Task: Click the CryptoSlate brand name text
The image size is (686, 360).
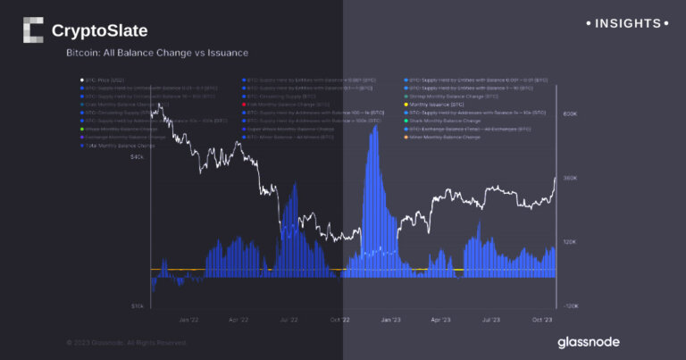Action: [x=100, y=32]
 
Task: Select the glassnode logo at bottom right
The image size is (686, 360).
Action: [x=588, y=341]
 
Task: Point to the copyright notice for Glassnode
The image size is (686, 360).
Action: [x=127, y=342]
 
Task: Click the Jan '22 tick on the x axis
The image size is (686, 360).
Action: [x=188, y=317]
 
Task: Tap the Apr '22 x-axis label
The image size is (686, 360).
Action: [x=238, y=317]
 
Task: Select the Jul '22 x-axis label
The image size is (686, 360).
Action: [x=289, y=317]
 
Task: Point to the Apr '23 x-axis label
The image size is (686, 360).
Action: [x=441, y=317]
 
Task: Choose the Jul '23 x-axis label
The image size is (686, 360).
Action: [x=491, y=317]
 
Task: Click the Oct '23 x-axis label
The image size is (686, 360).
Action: [x=541, y=317]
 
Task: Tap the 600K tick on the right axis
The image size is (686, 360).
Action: [x=570, y=114]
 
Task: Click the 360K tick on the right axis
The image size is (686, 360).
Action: [x=570, y=178]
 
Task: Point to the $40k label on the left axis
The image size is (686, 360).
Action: [x=137, y=156]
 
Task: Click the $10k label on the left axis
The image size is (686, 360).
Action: [x=137, y=306]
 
